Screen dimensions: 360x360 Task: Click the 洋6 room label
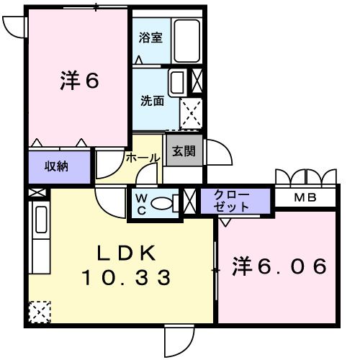[x=78, y=81]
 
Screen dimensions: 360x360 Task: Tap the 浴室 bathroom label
[x=151, y=37]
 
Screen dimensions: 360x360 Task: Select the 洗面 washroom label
[x=151, y=101]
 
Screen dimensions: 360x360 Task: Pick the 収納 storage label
[x=58, y=166]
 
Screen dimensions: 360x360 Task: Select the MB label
[x=307, y=197]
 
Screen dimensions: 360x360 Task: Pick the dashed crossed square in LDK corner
[x=39, y=312]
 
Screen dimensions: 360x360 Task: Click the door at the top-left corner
[x=13, y=25]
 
